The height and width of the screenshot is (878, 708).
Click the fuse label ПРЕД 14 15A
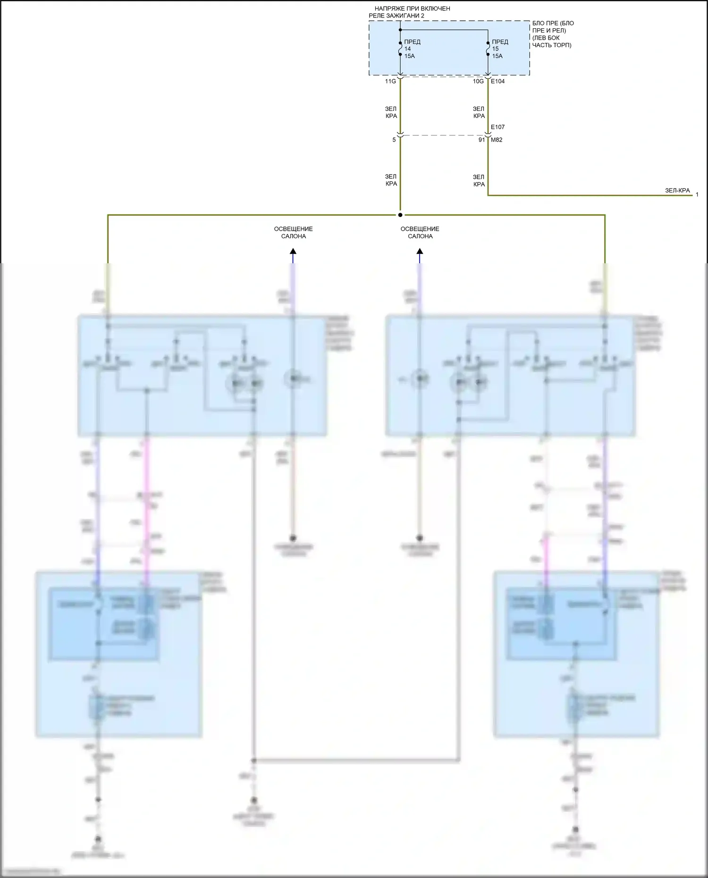coord(412,49)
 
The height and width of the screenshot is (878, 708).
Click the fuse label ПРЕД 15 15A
coord(499,49)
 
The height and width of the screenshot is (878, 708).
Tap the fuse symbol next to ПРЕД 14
coord(400,49)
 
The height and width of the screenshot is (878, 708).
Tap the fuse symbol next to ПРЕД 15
coord(488,49)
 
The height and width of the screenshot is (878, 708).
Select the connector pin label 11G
coord(390,81)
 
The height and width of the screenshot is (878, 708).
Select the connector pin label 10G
coord(478,81)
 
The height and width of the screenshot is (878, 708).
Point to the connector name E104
coord(498,81)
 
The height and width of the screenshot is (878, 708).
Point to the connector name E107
coord(498,127)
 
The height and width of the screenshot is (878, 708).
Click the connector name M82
coord(497,140)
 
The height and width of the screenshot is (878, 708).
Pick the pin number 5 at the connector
coord(394,140)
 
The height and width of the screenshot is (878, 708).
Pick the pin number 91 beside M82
coord(481,140)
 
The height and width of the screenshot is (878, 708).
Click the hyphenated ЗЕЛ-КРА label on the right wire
coord(677,191)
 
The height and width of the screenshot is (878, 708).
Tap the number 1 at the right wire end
coord(697,194)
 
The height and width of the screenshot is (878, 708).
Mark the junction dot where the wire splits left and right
coord(400,215)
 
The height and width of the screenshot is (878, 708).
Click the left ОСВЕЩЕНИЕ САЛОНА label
coord(293,233)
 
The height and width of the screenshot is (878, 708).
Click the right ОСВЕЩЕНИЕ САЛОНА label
coord(420,233)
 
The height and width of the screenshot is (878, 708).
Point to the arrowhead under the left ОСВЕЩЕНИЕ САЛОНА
coord(293,251)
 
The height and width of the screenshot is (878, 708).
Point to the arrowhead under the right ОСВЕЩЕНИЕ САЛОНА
coord(420,251)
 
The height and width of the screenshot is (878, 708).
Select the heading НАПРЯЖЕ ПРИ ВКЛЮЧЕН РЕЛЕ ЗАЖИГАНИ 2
coord(409,12)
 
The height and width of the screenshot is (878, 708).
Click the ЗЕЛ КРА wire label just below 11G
coord(391,112)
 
